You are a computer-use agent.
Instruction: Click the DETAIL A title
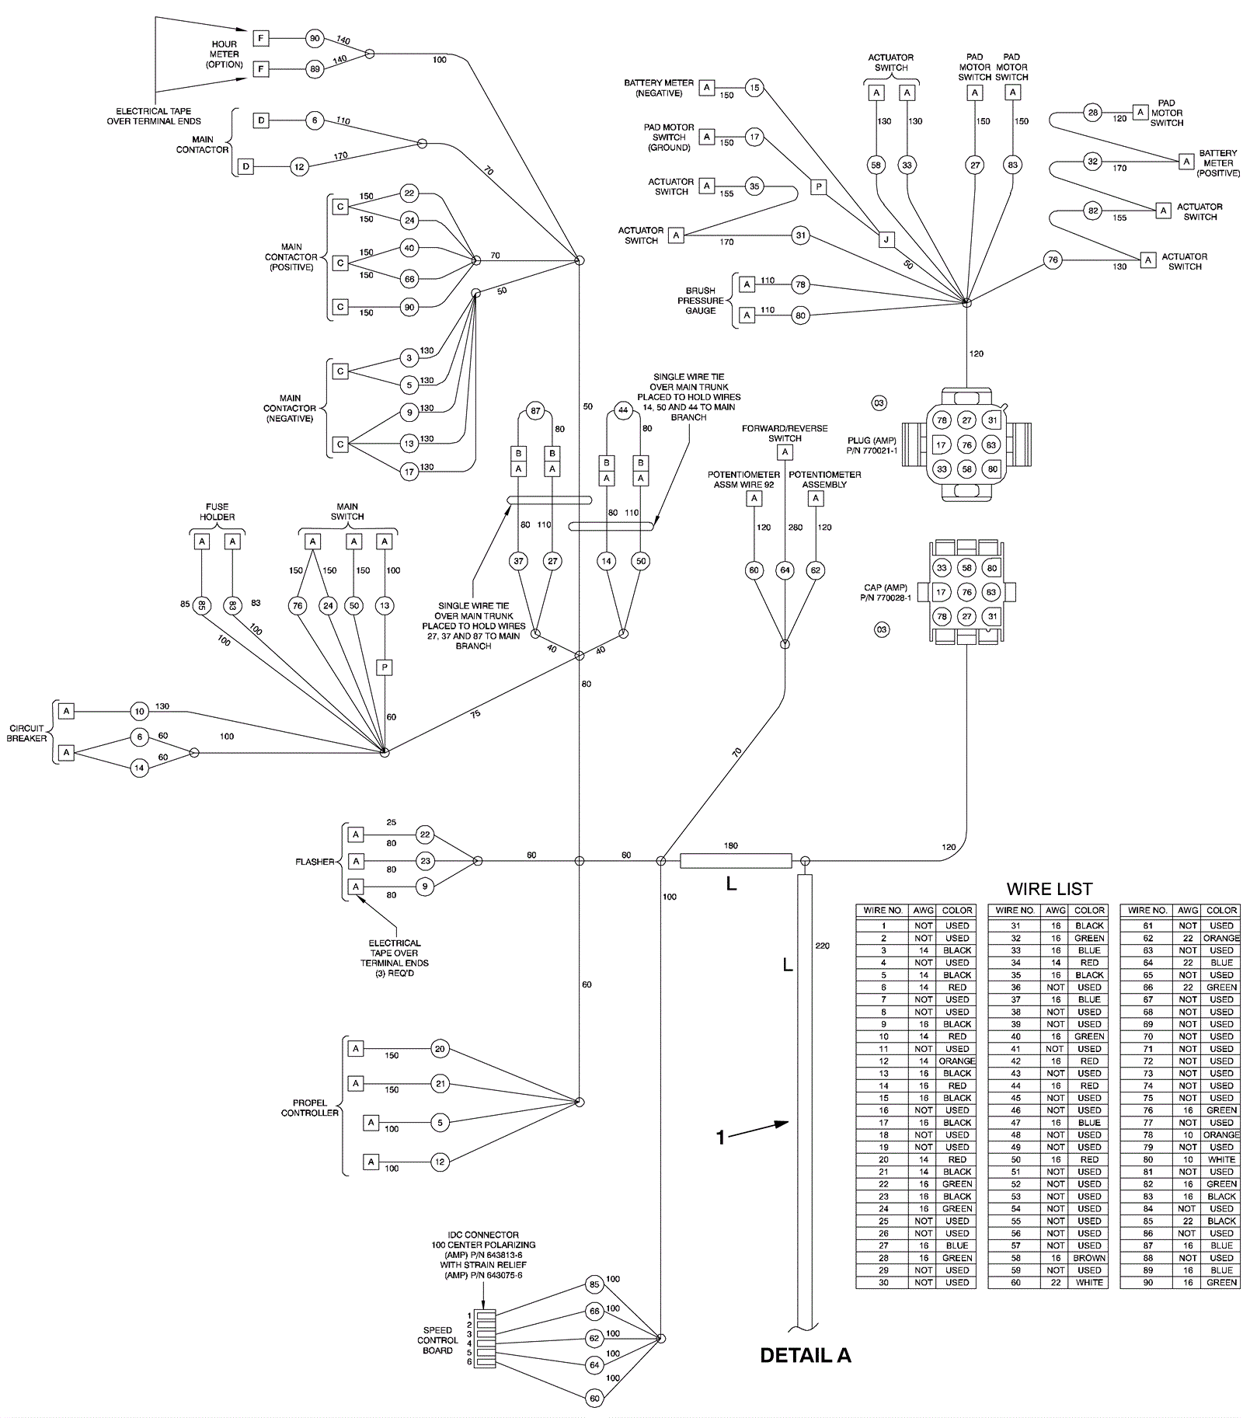tap(805, 1356)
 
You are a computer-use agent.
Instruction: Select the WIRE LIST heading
tap(1049, 889)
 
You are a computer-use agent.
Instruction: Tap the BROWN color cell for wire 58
tap(1089, 1257)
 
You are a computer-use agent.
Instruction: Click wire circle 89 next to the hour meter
tap(315, 69)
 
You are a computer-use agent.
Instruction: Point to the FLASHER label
tap(315, 862)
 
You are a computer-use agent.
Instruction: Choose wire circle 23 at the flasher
tap(424, 861)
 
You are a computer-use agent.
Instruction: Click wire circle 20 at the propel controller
tap(440, 1049)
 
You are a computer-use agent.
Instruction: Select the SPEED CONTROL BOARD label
tap(437, 1340)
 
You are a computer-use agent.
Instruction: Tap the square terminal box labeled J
tap(886, 239)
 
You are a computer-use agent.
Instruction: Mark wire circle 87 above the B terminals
tap(535, 410)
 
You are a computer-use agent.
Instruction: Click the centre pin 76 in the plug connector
tap(966, 445)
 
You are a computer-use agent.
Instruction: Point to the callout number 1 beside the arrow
tap(720, 1138)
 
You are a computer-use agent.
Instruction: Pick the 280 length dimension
tap(795, 528)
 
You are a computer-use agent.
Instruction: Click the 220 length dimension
tap(822, 946)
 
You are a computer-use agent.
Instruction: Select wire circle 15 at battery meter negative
tap(754, 88)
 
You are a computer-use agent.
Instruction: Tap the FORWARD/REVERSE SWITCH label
tap(785, 433)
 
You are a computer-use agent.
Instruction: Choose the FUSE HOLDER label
tap(217, 512)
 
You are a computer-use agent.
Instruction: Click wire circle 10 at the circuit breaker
tap(139, 711)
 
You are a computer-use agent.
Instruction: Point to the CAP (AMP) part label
tap(885, 593)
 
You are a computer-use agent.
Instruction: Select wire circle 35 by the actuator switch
tap(754, 186)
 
